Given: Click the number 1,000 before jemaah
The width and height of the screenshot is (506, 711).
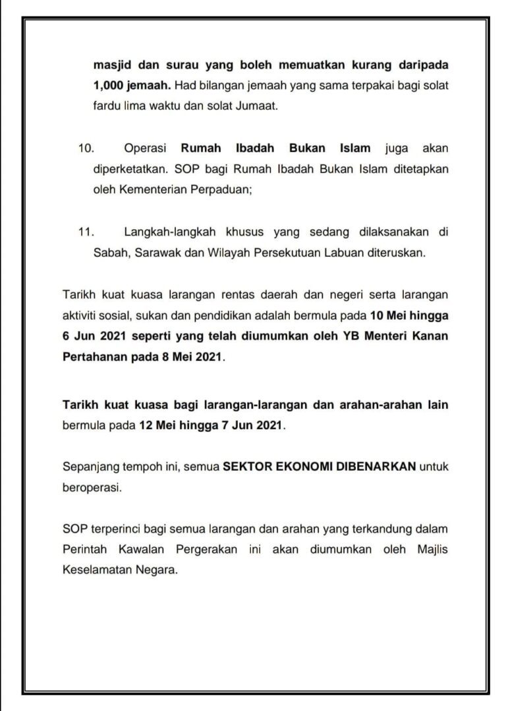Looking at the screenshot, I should [110, 86].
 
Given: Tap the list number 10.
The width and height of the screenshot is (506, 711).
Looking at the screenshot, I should [86, 149].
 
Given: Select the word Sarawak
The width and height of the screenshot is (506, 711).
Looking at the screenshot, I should [159, 252].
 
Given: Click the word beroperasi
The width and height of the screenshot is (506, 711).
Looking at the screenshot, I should [92, 488].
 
